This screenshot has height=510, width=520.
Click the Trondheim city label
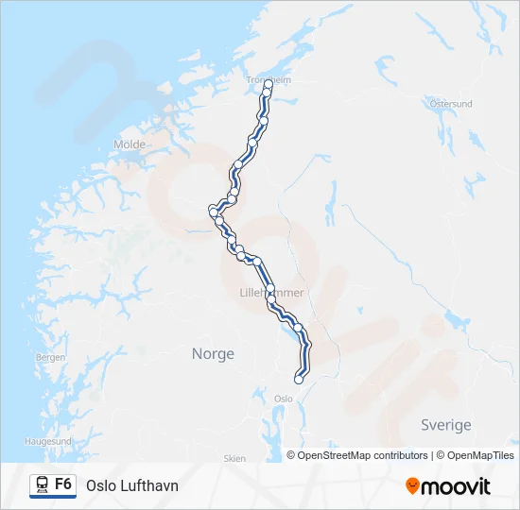point(269,80)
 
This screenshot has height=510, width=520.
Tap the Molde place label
point(130,144)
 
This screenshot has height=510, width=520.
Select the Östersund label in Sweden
point(450,104)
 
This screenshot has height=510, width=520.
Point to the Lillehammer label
point(272,294)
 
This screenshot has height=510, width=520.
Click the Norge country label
point(213,353)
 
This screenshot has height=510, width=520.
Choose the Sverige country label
point(445,425)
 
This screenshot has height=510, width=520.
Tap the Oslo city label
point(283,399)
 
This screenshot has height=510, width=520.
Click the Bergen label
point(50,358)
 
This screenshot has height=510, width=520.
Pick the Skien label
point(234,458)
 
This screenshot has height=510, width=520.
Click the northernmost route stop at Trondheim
point(269,85)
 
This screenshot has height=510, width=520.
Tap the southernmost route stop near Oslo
point(299,380)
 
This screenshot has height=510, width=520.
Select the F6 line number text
point(63,484)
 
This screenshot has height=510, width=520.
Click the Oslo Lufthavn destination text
point(131,485)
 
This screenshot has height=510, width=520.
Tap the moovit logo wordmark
point(456,486)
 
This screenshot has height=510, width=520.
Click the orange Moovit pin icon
point(412,486)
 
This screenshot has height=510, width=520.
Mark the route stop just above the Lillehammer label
point(270,287)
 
